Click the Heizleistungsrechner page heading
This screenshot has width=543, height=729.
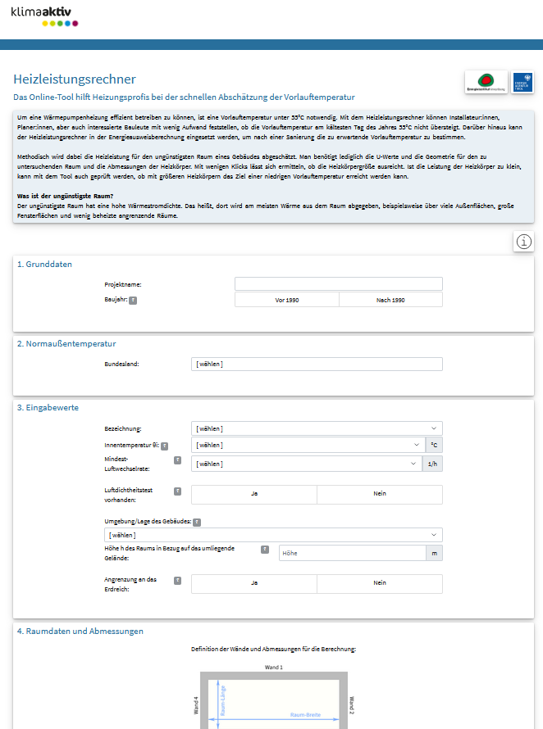[75, 79]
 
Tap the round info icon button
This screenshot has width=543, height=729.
[524, 242]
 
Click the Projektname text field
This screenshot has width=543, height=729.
[338, 284]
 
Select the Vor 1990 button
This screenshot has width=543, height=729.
[287, 301]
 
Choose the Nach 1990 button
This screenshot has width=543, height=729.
[390, 301]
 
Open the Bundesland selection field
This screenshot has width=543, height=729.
[317, 364]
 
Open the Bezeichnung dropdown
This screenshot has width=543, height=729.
[317, 428]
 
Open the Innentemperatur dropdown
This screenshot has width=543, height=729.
[306, 445]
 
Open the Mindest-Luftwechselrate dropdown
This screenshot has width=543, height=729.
[306, 464]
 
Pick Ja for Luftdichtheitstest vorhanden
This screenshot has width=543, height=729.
[254, 494]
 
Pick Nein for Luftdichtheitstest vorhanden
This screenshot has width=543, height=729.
[380, 494]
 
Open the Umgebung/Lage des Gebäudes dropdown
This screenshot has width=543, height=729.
[273, 535]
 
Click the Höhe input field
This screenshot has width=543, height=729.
[352, 554]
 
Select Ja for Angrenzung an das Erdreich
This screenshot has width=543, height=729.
[254, 583]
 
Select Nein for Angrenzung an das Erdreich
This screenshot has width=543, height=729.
[380, 583]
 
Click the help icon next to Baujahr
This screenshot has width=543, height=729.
[133, 301]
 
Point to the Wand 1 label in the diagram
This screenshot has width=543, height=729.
[273, 668]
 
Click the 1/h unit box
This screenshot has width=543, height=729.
[434, 464]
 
